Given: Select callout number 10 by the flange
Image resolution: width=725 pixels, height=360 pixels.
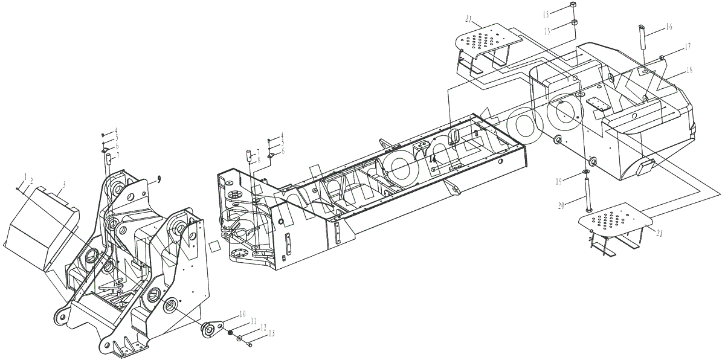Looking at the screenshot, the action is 242,313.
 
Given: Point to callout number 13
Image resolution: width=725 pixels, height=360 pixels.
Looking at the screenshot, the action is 271,333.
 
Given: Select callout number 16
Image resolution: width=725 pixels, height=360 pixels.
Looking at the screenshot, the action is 669,27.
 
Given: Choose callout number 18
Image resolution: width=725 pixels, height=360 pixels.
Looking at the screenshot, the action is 688,71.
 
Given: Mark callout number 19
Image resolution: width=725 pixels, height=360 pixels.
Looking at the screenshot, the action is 560,181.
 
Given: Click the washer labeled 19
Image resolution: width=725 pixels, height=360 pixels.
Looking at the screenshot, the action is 586,173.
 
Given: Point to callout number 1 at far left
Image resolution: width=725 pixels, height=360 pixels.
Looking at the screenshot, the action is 26,176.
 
